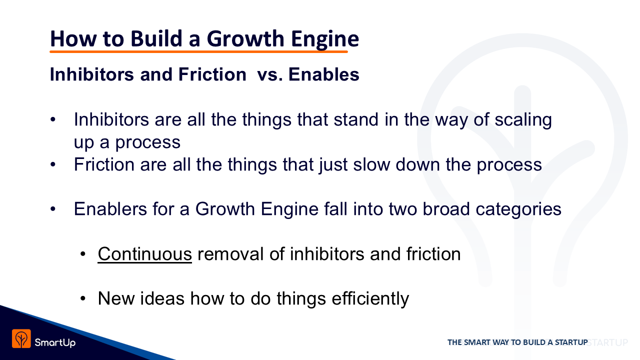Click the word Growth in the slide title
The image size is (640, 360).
coord(245,38)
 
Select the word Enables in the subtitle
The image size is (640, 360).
coord(323,74)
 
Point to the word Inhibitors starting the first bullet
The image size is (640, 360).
coord(111,119)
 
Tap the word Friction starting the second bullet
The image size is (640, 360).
coord(104,164)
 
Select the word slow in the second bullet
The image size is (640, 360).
coord(371,164)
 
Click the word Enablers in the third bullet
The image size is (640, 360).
coord(110,209)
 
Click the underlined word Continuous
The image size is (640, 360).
coord(144,254)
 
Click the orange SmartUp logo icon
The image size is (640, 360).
coord(21,338)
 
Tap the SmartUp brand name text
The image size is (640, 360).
coord(55,342)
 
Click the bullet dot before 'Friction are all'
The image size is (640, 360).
coord(53,164)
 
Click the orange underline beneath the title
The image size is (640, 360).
coord(198,51)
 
